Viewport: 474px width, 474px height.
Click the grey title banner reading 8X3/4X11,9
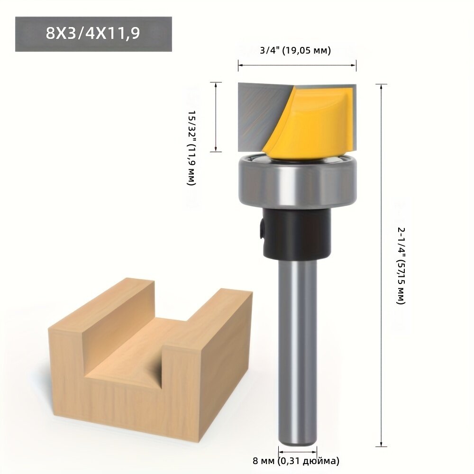tap(93, 34)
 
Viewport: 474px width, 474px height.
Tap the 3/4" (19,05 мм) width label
tap(295, 50)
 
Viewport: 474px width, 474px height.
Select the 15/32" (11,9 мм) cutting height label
tap(192, 147)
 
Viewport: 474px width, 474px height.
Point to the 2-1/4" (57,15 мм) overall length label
tap(401, 265)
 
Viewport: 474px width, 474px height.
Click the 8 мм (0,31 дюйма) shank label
tap(296, 461)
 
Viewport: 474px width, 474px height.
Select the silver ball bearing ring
tap(298, 182)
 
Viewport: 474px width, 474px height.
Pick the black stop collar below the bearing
tap(297, 233)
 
